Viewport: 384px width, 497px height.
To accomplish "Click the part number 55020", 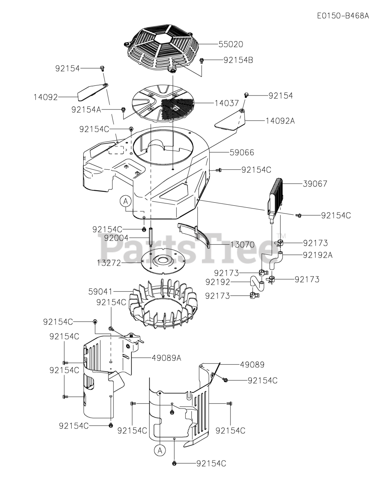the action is (x=231, y=44).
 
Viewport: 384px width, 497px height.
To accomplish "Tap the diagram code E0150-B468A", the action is (x=343, y=16).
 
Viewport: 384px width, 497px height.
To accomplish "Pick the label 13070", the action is (x=242, y=245).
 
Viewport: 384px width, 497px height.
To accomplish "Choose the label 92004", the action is (x=116, y=238).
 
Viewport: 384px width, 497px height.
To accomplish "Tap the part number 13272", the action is (x=109, y=263).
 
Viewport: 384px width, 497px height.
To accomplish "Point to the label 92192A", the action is (x=318, y=255).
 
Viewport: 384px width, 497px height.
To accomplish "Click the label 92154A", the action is (x=86, y=109).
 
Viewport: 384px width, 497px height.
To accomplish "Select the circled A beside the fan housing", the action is (x=125, y=201).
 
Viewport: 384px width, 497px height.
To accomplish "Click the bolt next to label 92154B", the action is (x=202, y=61).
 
